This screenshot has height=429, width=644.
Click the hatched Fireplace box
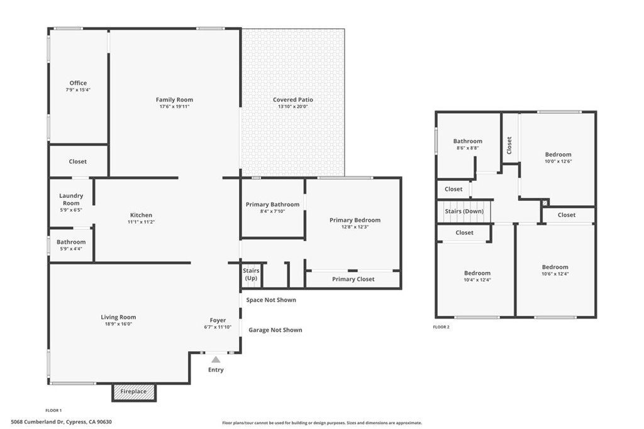click(x=134, y=392)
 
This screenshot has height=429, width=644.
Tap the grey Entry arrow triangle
click(x=216, y=360)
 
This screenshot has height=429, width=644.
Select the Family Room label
click(x=174, y=100)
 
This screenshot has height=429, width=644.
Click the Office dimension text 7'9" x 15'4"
click(x=78, y=90)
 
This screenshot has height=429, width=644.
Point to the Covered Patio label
click(x=293, y=100)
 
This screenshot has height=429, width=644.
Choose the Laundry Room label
click(x=71, y=199)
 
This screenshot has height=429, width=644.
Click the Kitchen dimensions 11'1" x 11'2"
click(x=142, y=222)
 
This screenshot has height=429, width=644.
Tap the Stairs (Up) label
click(x=251, y=274)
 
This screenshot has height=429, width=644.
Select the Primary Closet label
click(x=353, y=280)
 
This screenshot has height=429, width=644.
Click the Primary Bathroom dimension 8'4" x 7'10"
click(x=272, y=212)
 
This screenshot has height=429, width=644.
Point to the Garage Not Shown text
click(x=275, y=330)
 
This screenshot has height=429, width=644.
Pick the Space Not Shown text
click(x=271, y=300)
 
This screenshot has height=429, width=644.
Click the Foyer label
click(x=218, y=320)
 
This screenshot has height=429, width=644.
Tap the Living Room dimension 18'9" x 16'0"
click(x=118, y=324)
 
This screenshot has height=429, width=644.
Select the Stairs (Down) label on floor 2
click(x=464, y=211)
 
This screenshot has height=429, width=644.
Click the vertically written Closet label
click(x=509, y=146)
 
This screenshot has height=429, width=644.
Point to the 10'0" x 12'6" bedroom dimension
click(x=558, y=161)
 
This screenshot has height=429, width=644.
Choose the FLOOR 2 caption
click(x=441, y=327)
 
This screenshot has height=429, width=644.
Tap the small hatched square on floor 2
click(x=545, y=203)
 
